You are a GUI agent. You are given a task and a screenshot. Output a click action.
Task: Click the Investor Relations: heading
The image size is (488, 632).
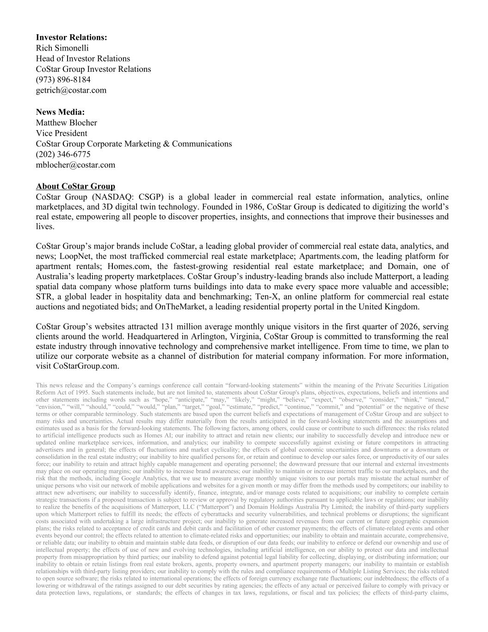(71, 38)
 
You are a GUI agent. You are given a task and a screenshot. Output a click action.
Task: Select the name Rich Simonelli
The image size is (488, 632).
(62, 48)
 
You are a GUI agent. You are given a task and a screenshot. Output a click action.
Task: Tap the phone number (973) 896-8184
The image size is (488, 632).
(63, 80)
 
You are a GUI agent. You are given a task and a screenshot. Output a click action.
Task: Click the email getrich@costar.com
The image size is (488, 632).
(71, 90)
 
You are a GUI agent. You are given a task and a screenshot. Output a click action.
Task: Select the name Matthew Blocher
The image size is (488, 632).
(67, 123)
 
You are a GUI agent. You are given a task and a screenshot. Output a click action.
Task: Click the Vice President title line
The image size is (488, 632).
(62, 133)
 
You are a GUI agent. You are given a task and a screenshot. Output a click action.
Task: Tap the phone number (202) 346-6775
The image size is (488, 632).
(63, 154)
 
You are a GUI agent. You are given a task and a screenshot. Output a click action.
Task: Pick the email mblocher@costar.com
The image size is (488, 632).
(75, 165)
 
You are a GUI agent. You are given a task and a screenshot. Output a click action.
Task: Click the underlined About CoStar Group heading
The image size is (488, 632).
(75, 186)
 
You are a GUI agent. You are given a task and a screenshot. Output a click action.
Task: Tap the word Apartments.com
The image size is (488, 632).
(327, 256)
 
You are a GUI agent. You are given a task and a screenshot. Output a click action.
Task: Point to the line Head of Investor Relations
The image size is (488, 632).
(83, 59)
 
